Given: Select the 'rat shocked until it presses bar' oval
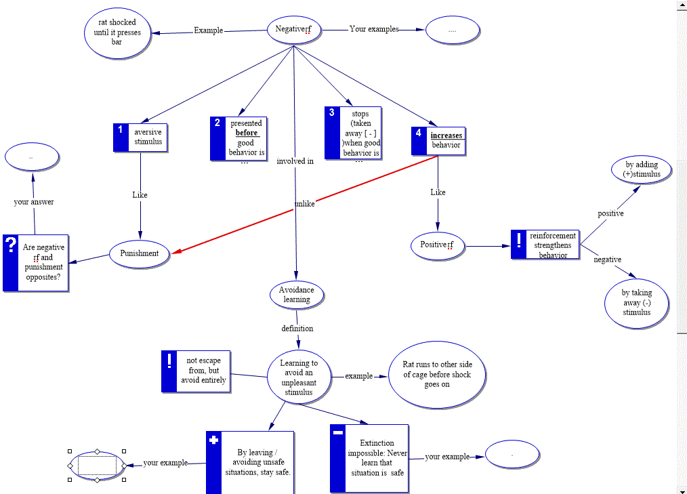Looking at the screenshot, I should [x=117, y=32].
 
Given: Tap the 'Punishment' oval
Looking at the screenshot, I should [x=140, y=253].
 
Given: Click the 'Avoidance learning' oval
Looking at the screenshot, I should [x=297, y=295].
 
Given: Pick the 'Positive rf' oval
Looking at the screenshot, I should [x=437, y=245].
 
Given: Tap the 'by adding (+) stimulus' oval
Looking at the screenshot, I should [x=642, y=169].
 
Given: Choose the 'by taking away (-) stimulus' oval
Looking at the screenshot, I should [x=637, y=303].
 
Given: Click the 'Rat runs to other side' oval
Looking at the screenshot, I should [x=437, y=375].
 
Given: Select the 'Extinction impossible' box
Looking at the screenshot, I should [x=376, y=458].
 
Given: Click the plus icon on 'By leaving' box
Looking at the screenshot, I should [x=214, y=440].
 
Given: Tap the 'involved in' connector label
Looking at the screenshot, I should [x=295, y=161].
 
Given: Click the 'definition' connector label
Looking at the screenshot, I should [x=297, y=329].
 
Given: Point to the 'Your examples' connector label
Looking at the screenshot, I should [x=373, y=29].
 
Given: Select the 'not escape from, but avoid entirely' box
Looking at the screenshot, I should [x=203, y=371].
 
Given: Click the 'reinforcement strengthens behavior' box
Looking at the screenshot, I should [x=552, y=245].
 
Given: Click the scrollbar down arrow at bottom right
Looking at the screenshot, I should [x=682, y=489].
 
